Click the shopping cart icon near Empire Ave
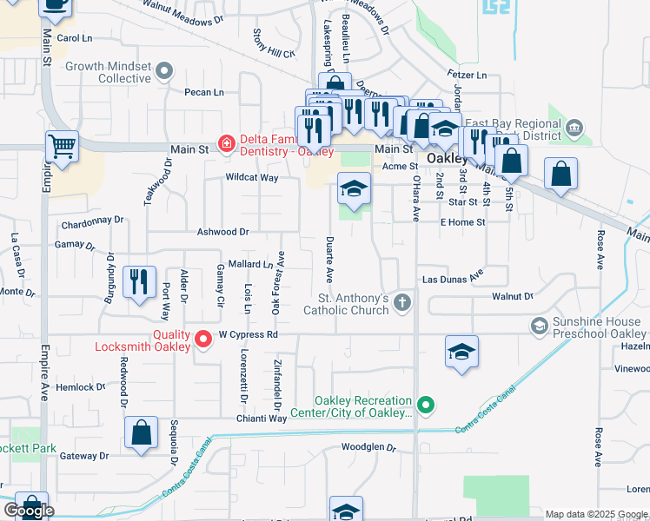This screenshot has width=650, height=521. (62, 148)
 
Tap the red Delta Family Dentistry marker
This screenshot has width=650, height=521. (225, 143)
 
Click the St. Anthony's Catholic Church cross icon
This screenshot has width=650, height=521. (401, 302)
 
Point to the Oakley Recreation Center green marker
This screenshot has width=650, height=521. (425, 405)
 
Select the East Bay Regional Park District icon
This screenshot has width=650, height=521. (574, 129)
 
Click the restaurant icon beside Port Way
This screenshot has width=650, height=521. (139, 282)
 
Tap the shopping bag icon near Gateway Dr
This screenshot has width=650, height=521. (141, 433)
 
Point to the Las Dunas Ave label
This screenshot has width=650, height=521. (452, 280)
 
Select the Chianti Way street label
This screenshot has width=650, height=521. (264, 419)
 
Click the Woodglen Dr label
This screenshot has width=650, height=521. (368, 449)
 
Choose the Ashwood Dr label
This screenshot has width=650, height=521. (223, 232)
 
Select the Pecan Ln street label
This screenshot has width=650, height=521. (203, 92)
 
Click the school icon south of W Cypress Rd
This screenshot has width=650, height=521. (462, 352)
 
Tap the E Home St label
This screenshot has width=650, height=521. (462, 222)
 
